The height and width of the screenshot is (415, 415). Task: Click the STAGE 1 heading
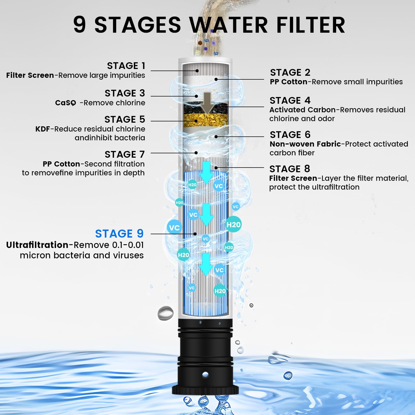(x=126, y=66)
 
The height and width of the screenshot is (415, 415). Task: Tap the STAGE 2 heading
(x=290, y=72)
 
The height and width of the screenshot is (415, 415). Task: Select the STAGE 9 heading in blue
(x=119, y=234)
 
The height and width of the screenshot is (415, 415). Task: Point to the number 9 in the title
(x=79, y=25)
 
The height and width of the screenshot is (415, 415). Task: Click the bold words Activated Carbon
(x=302, y=110)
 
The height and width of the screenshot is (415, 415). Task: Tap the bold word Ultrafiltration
(x=37, y=245)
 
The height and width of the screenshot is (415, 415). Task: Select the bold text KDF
(x=43, y=129)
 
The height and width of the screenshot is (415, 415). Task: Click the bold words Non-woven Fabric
(x=305, y=144)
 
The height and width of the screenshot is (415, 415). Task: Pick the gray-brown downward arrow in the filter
(x=207, y=103)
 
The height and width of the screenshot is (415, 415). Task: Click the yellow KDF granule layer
(x=206, y=120)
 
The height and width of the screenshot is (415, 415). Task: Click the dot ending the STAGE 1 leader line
(x=197, y=71)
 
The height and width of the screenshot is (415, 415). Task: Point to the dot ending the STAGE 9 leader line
(x=195, y=234)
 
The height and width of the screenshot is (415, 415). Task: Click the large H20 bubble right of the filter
(x=233, y=224)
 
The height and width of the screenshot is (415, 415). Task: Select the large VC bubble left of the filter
(x=174, y=227)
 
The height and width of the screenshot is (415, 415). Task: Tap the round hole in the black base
(x=205, y=374)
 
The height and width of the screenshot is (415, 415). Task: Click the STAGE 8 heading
(x=290, y=169)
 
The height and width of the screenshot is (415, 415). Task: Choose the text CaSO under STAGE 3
(x=66, y=103)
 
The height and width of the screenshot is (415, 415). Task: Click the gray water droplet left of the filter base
(x=165, y=313)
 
